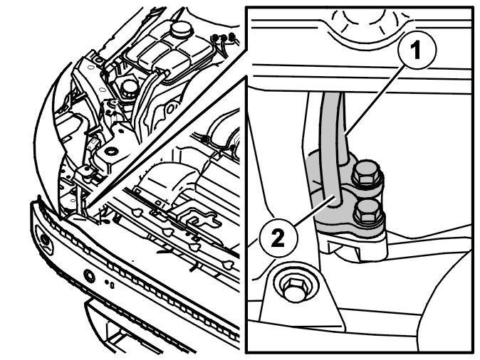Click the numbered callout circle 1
pyautogui.click(x=417, y=51)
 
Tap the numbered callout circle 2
pyautogui.click(x=278, y=238)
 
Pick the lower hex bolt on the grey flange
pyautogui.click(x=368, y=211)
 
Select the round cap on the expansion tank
pyautogui.click(x=181, y=29)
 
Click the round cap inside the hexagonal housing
pyautogui.click(x=129, y=88)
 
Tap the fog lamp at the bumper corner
pyautogui.click(x=45, y=240)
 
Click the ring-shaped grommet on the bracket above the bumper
pyautogui.click(x=111, y=151)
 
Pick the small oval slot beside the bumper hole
pyautogui.click(x=113, y=285)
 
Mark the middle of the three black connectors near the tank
pyautogui.click(x=224, y=38)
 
